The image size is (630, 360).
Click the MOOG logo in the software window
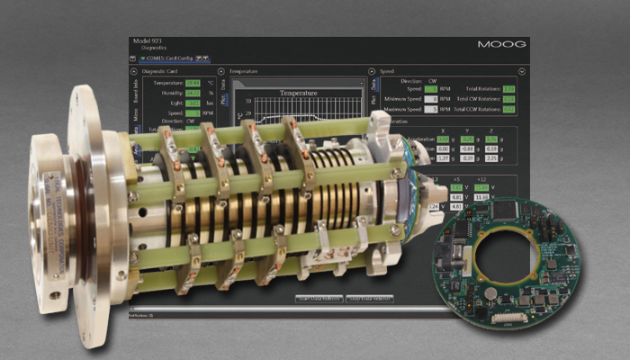[502, 44]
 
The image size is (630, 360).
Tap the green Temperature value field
[192, 82]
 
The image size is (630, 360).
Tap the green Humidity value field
[192, 93]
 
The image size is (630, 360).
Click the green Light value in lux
[192, 103]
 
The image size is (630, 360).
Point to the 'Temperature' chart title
[298, 92]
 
